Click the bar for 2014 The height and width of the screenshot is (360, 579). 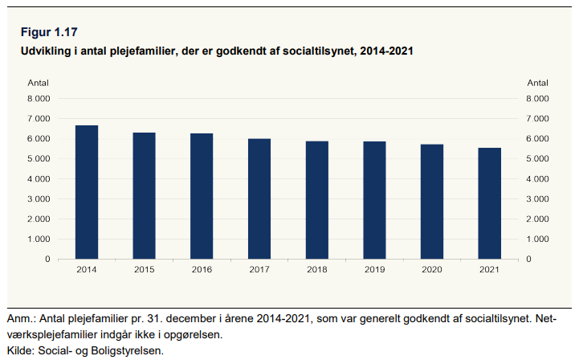coord(87,192)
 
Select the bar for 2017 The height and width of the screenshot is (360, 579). coord(259,198)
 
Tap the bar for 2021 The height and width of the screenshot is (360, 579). coord(490,203)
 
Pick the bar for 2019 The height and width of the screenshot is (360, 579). coord(374,200)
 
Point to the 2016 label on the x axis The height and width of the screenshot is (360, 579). coord(202,269)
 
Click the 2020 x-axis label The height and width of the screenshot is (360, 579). coord(432,269)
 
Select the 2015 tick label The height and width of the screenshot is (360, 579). coord(144,269)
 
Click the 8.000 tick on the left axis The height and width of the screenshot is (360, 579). coord(39,99)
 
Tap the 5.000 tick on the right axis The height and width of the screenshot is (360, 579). coord(538,158)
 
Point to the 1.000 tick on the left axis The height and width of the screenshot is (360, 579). coord(39,239)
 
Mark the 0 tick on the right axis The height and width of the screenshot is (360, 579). coord(528,259)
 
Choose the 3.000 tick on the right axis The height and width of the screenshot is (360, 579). coord(538,198)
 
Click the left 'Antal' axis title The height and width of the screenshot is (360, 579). coord(38,83)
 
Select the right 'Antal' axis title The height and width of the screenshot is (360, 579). coord(538,83)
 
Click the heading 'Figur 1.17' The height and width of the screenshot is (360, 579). coord(49,32)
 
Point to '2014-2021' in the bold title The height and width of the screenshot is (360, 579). coord(386,51)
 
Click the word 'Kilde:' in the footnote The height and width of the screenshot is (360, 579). coord(21,350)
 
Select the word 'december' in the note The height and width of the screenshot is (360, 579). coord(191,318)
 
